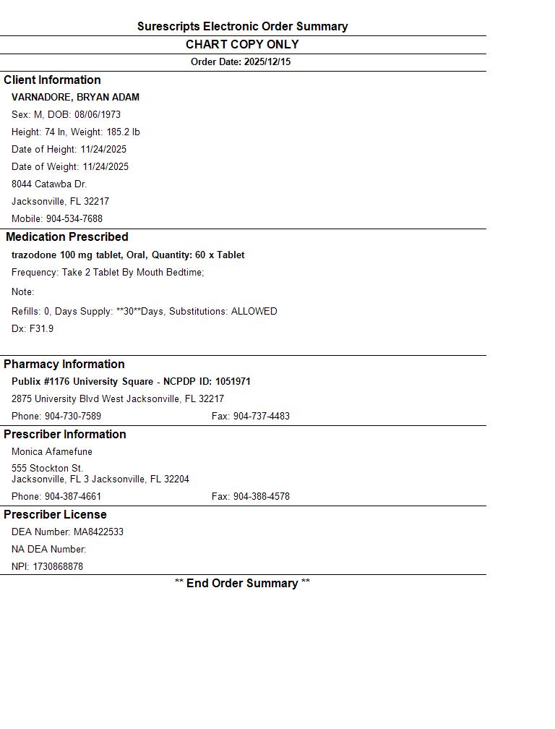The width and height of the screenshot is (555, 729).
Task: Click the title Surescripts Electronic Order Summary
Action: coord(242,27)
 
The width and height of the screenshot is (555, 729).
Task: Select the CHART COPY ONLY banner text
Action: coord(242,44)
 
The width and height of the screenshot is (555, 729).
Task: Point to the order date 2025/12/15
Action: coord(267,62)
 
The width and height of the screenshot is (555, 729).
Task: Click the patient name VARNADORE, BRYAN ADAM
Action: coord(75,98)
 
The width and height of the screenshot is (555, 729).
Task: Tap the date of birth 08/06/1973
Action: coord(98,115)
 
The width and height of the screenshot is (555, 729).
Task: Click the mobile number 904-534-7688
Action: coord(74,219)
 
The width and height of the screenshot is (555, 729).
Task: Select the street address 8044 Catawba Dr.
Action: coord(49,184)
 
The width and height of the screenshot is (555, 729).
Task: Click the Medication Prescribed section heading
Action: coord(67,237)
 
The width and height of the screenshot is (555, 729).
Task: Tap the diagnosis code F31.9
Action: coord(41,329)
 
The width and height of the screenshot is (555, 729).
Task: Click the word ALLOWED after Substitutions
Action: coord(254,312)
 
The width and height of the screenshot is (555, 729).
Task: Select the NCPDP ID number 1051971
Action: coord(233,382)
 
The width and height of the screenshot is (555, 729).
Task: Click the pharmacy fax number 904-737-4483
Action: coord(261,417)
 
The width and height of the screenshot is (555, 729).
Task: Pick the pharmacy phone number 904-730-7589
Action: coord(73,417)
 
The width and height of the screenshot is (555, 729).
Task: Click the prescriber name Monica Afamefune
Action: coord(52,452)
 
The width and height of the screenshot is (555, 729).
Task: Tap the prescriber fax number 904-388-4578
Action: coord(261,497)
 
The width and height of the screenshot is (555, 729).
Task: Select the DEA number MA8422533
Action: coord(98,532)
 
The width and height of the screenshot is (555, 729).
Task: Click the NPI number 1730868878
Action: coord(58,567)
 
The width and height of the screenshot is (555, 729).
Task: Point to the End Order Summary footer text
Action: coord(242,584)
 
